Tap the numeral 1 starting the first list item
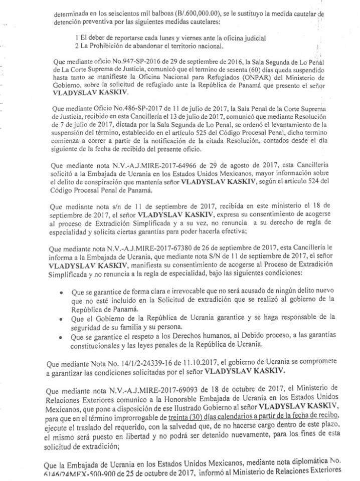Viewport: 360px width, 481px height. point(76,38)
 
